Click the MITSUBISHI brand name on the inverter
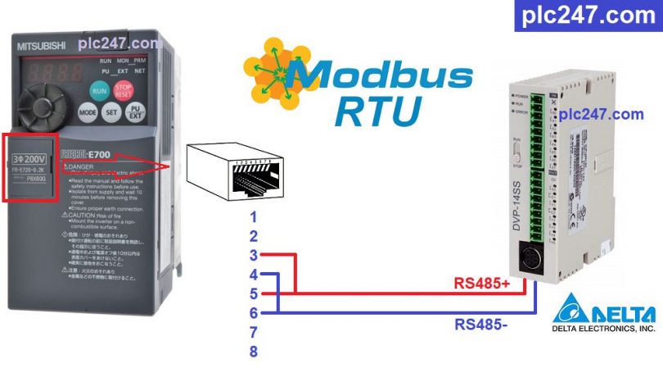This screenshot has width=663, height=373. pos(43,46)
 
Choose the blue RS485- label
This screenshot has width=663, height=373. pos(481,324)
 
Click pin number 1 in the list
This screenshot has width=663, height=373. pos(254,217)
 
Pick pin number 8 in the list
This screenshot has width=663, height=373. pos(254,352)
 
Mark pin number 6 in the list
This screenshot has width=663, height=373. pos(254,313)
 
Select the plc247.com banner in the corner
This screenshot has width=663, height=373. pos(587,16)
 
